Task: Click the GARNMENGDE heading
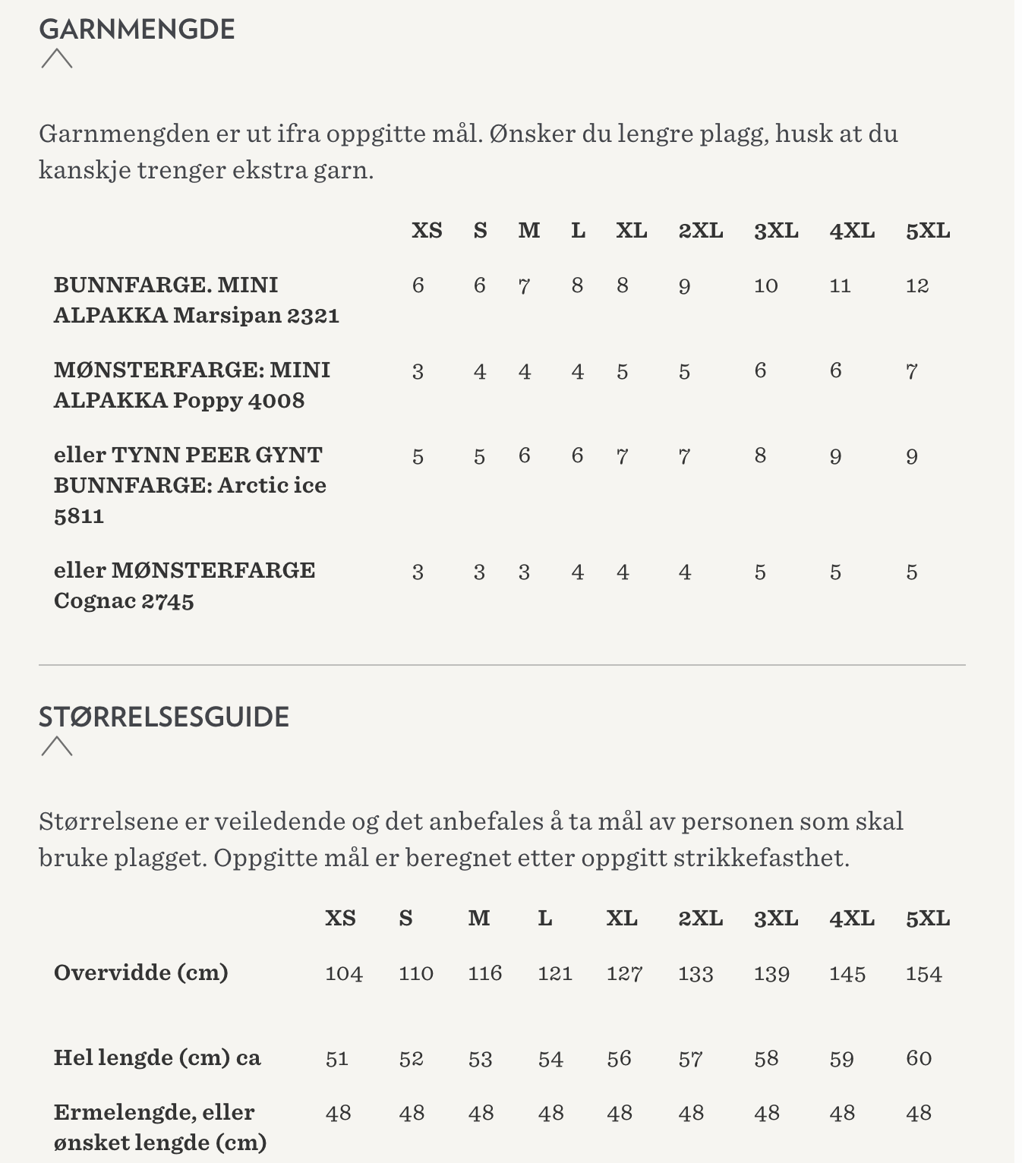pyautogui.click(x=137, y=30)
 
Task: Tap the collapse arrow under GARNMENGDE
pyautogui.click(x=57, y=59)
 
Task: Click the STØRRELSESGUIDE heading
pyautogui.click(x=164, y=717)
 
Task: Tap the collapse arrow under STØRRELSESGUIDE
pyautogui.click(x=57, y=747)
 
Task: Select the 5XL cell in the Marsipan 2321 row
pyautogui.click(x=917, y=286)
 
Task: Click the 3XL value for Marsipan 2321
pyautogui.click(x=765, y=286)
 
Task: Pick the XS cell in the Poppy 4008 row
pyautogui.click(x=418, y=372)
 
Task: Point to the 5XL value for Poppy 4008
pyautogui.click(x=912, y=372)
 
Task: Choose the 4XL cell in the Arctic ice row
pyautogui.click(x=835, y=457)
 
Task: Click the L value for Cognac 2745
pyautogui.click(x=578, y=572)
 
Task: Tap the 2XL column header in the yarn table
pyautogui.click(x=700, y=231)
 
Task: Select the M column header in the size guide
pyautogui.click(x=479, y=919)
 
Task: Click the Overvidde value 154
pyautogui.click(x=923, y=974)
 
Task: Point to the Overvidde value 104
pyautogui.click(x=344, y=974)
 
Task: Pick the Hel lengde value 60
pyautogui.click(x=919, y=1059)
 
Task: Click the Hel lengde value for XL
pyautogui.click(x=619, y=1059)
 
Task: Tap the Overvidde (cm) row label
pyautogui.click(x=141, y=973)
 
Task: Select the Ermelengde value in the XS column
pyautogui.click(x=338, y=1114)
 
